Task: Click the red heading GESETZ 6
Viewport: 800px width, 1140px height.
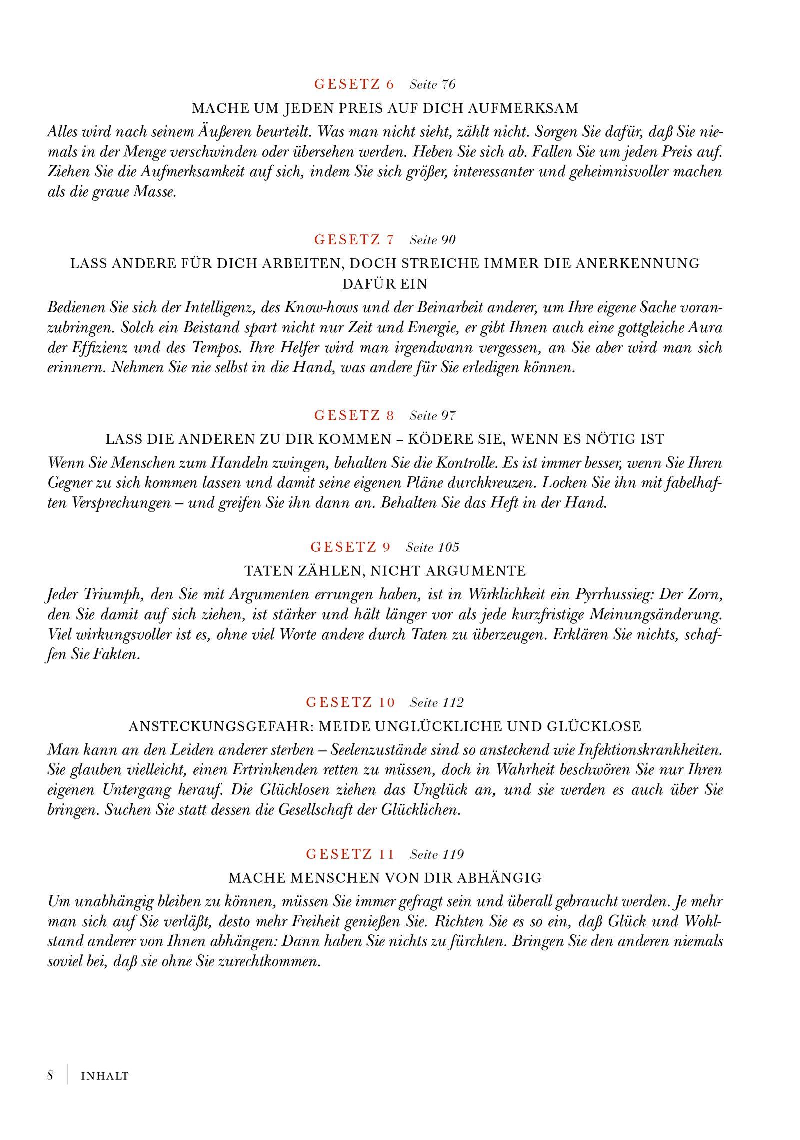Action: point(354,84)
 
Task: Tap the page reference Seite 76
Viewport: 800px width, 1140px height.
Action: point(432,84)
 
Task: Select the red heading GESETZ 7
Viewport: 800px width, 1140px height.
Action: point(354,240)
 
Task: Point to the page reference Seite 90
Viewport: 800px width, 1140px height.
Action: point(432,240)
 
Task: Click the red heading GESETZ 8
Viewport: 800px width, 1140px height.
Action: point(354,415)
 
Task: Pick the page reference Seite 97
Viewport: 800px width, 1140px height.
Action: point(432,416)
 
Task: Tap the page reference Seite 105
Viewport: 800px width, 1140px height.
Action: point(432,547)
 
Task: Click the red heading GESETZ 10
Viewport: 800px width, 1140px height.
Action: point(350,702)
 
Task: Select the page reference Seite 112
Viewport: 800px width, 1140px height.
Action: point(436,703)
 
